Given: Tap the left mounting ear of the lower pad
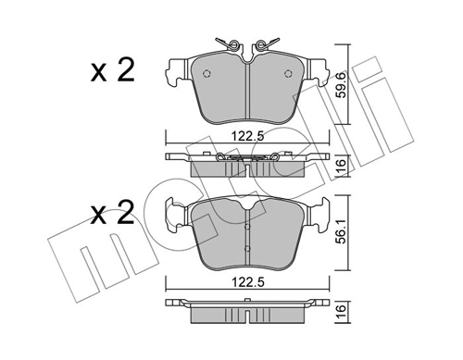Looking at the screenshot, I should pos(172,217).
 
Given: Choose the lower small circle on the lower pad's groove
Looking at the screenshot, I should pos(246,251).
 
